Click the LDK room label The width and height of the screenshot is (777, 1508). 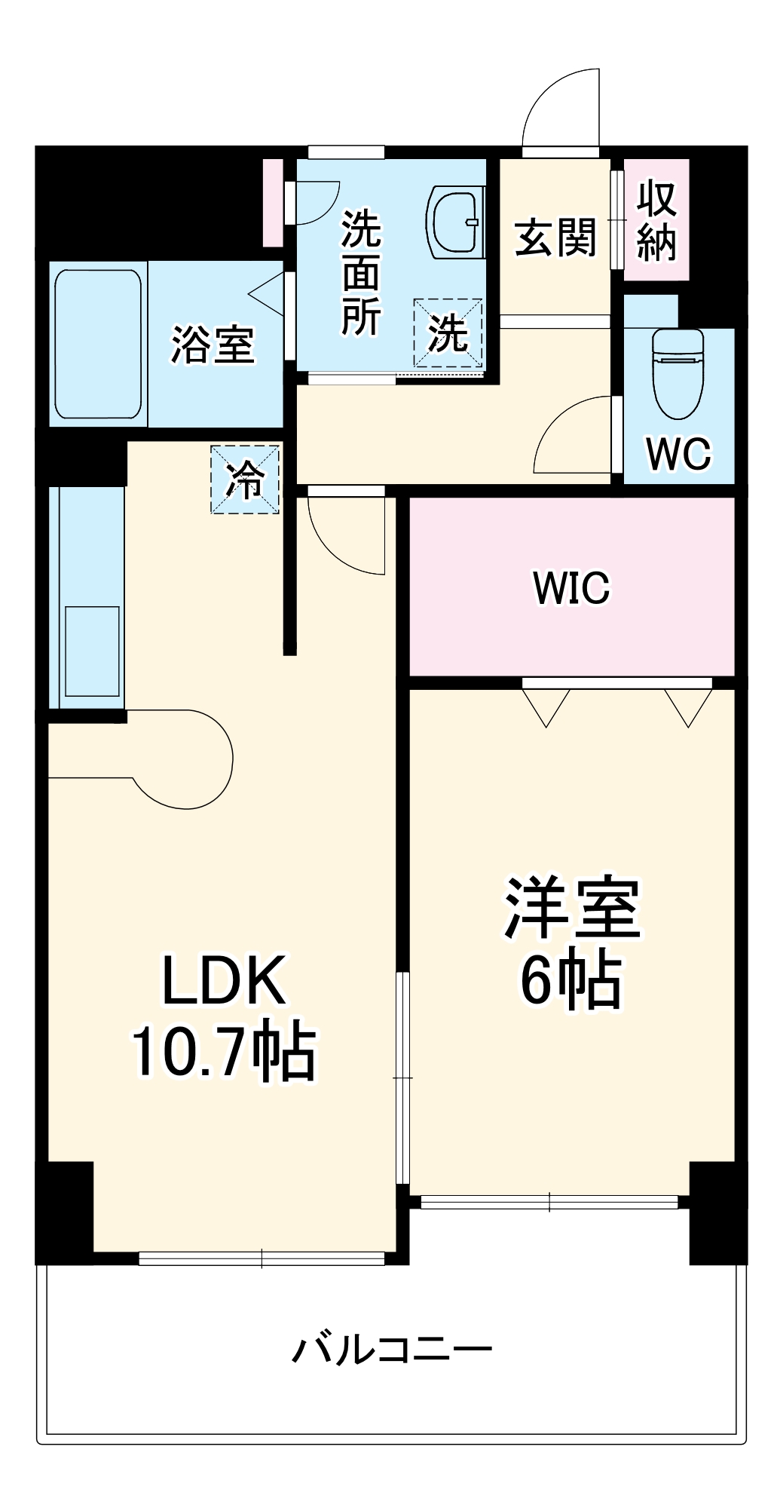[x=224, y=979]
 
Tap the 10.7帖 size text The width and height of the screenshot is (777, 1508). [x=224, y=1051]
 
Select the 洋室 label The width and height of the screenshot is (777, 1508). [x=572, y=909]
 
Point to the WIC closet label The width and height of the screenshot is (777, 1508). [x=571, y=588]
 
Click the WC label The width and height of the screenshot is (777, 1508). [x=678, y=454]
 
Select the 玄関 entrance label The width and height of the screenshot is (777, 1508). [x=555, y=238]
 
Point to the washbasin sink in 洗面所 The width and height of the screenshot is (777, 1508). [x=454, y=222]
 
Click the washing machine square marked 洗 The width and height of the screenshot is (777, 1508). [x=448, y=333]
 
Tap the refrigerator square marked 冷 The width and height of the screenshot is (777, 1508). [x=245, y=480]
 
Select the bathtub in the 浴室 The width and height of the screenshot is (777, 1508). [x=97, y=343]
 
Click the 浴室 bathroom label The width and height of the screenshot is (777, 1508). [x=213, y=345]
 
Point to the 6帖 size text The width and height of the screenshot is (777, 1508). [x=572, y=980]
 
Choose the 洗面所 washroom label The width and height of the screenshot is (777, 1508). [x=361, y=273]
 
